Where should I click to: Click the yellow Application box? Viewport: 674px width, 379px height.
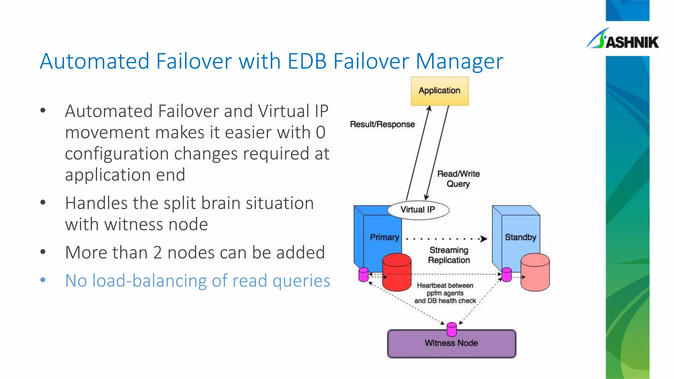tap(439, 91)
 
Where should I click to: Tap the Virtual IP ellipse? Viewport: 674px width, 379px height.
tap(418, 210)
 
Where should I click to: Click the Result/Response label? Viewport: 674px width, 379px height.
tap(382, 124)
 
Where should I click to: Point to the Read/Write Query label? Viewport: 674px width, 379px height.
tap(458, 179)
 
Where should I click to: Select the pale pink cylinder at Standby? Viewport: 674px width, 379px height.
tap(535, 272)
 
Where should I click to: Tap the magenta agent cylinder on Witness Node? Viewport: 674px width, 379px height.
tap(452, 329)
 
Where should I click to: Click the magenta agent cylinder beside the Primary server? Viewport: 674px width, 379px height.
tap(363, 275)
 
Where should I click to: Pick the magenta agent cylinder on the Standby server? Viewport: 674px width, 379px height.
tap(506, 275)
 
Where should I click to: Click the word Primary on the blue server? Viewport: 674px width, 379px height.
tap(384, 237)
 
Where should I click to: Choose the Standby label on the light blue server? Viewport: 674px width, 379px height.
tap(520, 237)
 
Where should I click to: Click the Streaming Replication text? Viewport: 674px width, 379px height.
tap(449, 255)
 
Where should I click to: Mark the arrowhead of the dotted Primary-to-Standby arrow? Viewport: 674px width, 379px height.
tap(484, 239)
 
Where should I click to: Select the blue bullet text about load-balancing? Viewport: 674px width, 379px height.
tap(197, 281)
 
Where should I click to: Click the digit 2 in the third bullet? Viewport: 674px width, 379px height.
tap(157, 253)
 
